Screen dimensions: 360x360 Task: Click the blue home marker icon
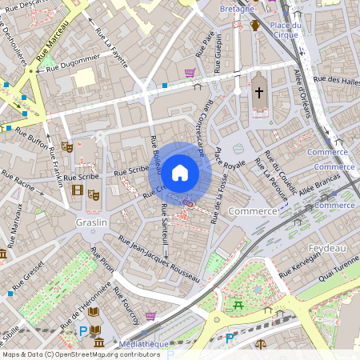[180, 172]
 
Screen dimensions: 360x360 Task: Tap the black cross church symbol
[258, 94]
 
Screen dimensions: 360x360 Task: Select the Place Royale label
[230, 158]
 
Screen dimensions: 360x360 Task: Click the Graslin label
[90, 222]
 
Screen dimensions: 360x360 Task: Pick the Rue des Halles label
[336, 79]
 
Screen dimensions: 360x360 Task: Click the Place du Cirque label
[285, 30]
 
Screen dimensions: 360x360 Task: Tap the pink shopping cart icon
[190, 73]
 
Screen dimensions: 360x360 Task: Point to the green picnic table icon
[237, 304]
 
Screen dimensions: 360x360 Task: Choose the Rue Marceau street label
[52, 40]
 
